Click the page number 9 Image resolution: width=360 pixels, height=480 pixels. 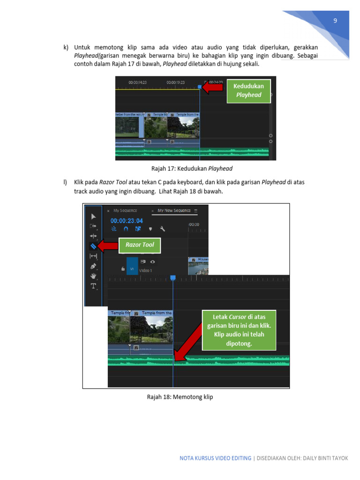335,21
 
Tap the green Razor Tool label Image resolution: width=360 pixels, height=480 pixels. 140,245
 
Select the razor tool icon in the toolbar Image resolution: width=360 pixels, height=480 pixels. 93,246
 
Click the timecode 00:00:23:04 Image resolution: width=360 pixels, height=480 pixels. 127,220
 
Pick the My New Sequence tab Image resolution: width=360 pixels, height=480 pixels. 174,210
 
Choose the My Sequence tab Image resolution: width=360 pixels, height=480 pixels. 125,210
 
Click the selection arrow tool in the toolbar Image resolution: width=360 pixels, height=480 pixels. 93,216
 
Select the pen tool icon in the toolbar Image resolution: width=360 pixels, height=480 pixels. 93,266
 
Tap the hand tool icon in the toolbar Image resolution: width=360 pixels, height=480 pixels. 93,276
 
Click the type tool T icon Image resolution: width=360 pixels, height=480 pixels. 93,286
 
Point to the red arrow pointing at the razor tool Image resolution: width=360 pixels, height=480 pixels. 108,245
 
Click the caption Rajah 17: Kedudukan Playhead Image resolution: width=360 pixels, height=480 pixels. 192,169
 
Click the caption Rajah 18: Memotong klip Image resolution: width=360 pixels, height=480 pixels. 180,397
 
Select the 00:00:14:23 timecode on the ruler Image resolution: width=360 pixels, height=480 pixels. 138,82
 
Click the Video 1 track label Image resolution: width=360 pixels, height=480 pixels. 146,270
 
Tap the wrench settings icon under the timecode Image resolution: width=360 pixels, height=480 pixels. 162,229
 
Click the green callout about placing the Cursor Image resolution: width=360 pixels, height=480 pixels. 239,330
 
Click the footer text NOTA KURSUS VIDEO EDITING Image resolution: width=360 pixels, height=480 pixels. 215,458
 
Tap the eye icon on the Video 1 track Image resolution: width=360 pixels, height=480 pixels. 152,262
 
